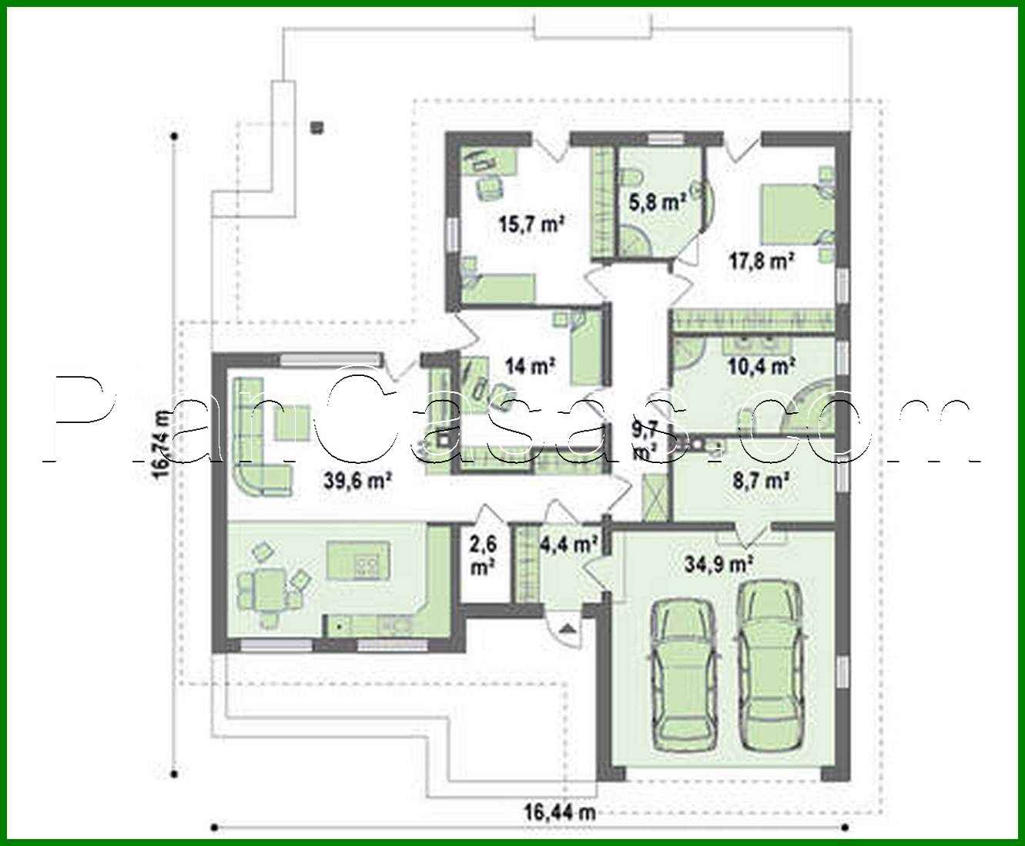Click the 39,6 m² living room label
click(x=359, y=482)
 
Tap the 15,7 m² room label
click(x=532, y=225)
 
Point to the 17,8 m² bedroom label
click(x=762, y=260)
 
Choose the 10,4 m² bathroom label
click(x=762, y=366)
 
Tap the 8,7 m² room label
click(x=762, y=482)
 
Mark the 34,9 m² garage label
click(x=719, y=564)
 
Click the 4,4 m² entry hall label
click(x=569, y=545)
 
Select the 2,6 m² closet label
click(x=483, y=555)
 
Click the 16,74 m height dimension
click(x=162, y=445)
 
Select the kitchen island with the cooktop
click(x=357, y=559)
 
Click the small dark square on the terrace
click(x=317, y=127)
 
